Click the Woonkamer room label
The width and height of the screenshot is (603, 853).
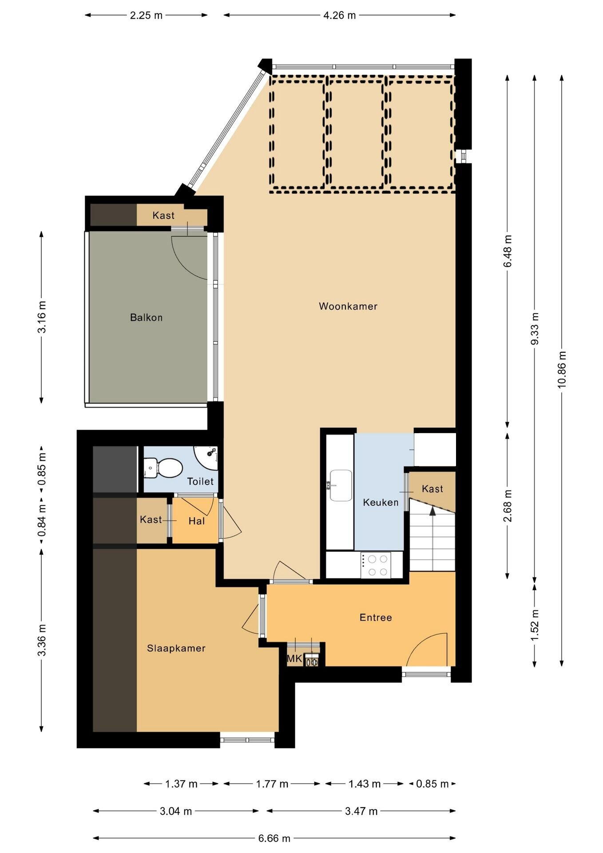[348, 306]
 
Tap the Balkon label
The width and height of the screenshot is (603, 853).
[146, 318]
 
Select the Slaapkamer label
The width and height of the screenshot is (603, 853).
[176, 648]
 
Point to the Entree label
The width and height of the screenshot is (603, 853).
[376, 618]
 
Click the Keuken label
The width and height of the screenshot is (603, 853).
[381, 502]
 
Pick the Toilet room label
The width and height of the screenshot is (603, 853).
[200, 481]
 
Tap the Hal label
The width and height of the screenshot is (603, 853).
[197, 521]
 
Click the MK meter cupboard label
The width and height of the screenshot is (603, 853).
[294, 659]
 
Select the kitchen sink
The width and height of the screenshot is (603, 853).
[341, 486]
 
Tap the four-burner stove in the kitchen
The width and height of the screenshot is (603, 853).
[376, 565]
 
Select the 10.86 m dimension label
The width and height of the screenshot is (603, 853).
[562, 369]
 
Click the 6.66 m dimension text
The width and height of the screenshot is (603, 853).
[274, 838]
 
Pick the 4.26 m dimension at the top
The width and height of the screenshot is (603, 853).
[340, 16]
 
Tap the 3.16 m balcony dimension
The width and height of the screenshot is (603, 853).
[42, 317]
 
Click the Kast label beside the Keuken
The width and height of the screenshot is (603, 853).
[432, 489]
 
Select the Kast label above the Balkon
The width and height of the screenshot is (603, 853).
[163, 215]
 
